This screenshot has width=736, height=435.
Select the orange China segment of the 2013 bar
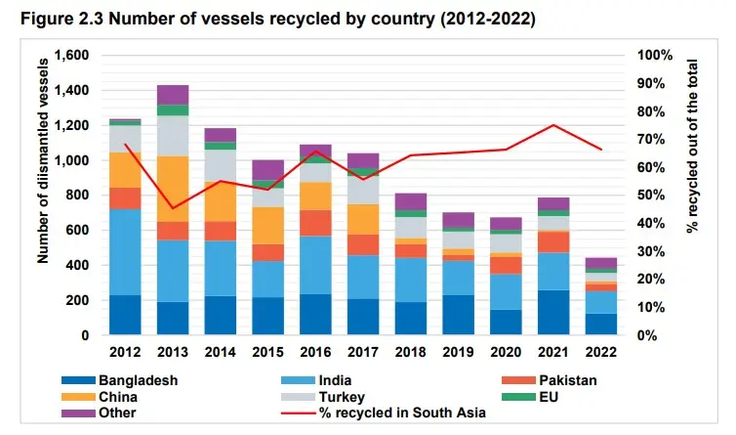click(x=172, y=189)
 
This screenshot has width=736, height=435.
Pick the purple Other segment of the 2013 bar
click(x=172, y=94)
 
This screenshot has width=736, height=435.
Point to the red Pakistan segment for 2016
click(x=314, y=223)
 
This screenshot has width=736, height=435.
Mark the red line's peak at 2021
click(x=552, y=125)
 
